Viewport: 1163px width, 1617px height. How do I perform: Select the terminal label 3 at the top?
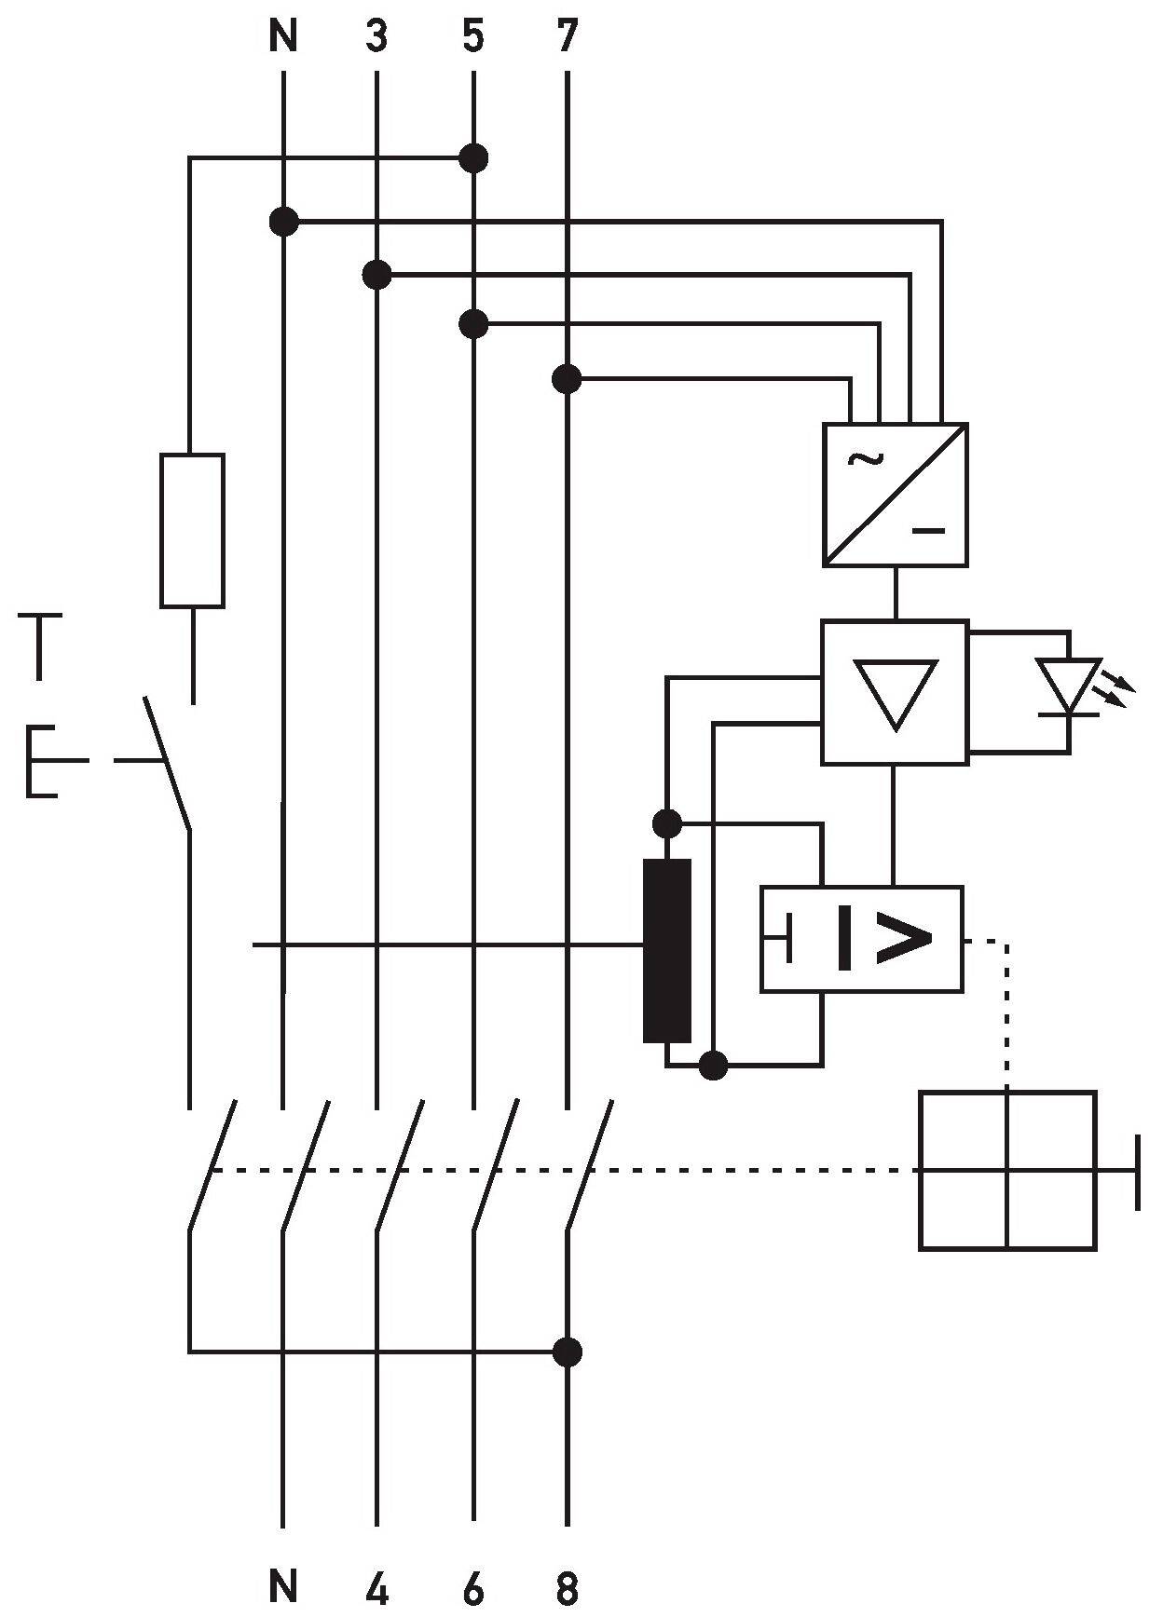376,36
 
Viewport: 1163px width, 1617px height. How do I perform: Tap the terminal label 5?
473,36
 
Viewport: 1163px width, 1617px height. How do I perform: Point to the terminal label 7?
567,36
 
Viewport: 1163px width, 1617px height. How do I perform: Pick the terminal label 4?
376,1588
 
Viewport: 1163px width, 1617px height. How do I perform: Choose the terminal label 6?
473,1588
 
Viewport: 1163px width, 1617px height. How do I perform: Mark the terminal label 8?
567,1588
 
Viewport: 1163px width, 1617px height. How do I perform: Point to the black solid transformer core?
667,950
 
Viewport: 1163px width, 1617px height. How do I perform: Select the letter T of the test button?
38,645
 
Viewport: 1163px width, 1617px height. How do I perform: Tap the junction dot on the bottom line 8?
567,1351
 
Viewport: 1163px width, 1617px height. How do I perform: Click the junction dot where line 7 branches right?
567,379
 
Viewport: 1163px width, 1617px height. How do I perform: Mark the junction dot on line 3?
376,275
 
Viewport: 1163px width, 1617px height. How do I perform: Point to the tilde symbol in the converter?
863,458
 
